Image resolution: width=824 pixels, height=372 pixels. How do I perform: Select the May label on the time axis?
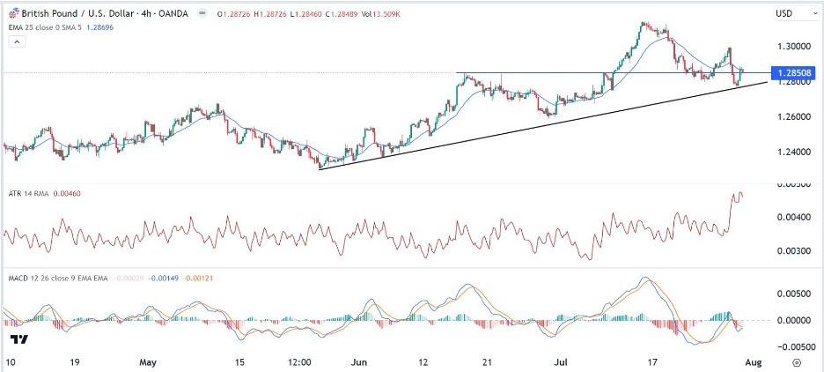[148, 362]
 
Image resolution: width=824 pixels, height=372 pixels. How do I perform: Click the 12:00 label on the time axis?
[300, 362]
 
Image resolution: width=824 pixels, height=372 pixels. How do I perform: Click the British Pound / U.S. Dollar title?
[75, 14]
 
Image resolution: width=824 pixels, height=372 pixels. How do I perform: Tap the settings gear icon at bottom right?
[797, 362]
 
